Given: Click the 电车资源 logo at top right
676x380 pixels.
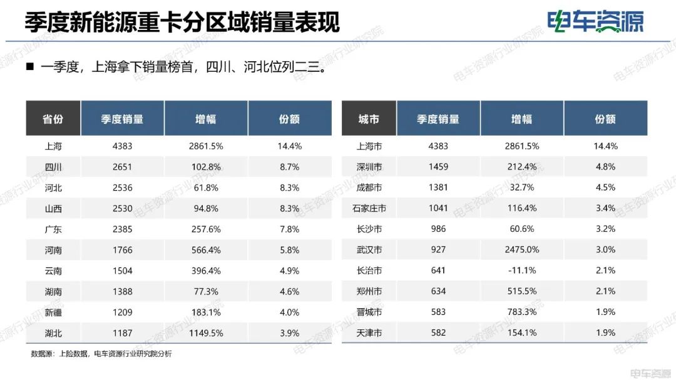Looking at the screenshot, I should point(595,22).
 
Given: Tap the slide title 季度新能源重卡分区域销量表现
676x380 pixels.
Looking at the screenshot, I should point(182,23).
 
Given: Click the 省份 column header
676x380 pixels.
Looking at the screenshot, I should point(53,119).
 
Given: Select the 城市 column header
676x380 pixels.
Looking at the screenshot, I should point(369,119).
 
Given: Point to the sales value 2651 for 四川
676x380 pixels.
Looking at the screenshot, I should point(122,167).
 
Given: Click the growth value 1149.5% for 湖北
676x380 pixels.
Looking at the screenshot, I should point(206,333).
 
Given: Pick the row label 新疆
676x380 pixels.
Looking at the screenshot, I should point(53,312).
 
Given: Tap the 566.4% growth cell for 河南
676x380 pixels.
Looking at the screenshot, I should point(206,250).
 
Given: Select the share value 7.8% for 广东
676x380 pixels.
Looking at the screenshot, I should point(289,229).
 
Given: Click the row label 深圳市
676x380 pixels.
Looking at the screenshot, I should point(369,167).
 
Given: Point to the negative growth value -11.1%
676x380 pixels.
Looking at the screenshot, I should point(522,271).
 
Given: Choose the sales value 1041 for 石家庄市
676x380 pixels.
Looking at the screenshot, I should point(438,208).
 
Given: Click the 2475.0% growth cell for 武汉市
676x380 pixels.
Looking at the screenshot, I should point(522,250).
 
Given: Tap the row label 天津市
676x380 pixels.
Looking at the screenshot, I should point(369,333).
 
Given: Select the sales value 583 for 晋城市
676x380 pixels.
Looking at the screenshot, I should point(438,312).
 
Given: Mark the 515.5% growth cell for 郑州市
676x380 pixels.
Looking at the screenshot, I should point(522,291).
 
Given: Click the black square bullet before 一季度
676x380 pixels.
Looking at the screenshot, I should point(29,66).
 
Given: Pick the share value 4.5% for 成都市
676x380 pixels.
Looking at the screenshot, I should point(605,187).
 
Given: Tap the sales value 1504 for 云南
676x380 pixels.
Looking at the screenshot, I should point(122,271).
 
